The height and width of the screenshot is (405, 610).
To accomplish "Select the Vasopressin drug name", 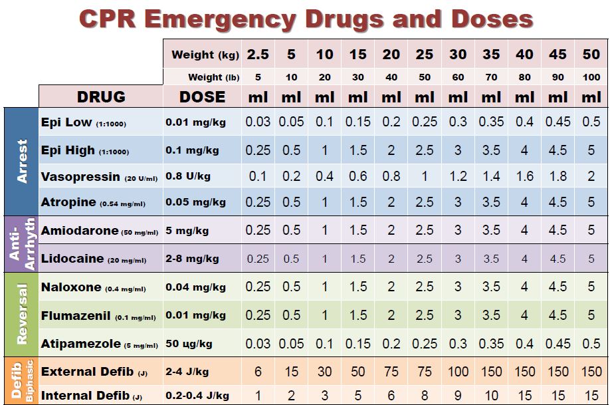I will click(x=81, y=178).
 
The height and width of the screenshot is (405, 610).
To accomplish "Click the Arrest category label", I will click(x=22, y=161).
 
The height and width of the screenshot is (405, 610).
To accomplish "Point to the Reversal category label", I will click(x=22, y=314).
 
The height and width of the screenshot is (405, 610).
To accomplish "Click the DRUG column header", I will click(x=101, y=97).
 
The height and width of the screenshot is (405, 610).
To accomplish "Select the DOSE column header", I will click(x=202, y=97).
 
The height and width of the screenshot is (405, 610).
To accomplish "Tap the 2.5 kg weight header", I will click(x=258, y=55).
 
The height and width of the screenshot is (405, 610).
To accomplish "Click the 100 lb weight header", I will click(x=591, y=78).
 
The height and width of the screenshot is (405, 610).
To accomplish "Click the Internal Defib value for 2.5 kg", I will click(x=258, y=395).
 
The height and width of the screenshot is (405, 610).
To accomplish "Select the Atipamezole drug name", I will click(x=81, y=344).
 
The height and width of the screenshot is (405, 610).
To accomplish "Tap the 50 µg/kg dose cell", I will click(x=189, y=344).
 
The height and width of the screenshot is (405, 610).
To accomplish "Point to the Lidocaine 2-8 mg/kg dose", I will click(x=192, y=259).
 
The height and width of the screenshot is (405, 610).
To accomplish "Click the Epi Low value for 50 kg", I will click(x=591, y=122).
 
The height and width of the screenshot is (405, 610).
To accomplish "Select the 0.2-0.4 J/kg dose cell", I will click(x=197, y=396).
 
